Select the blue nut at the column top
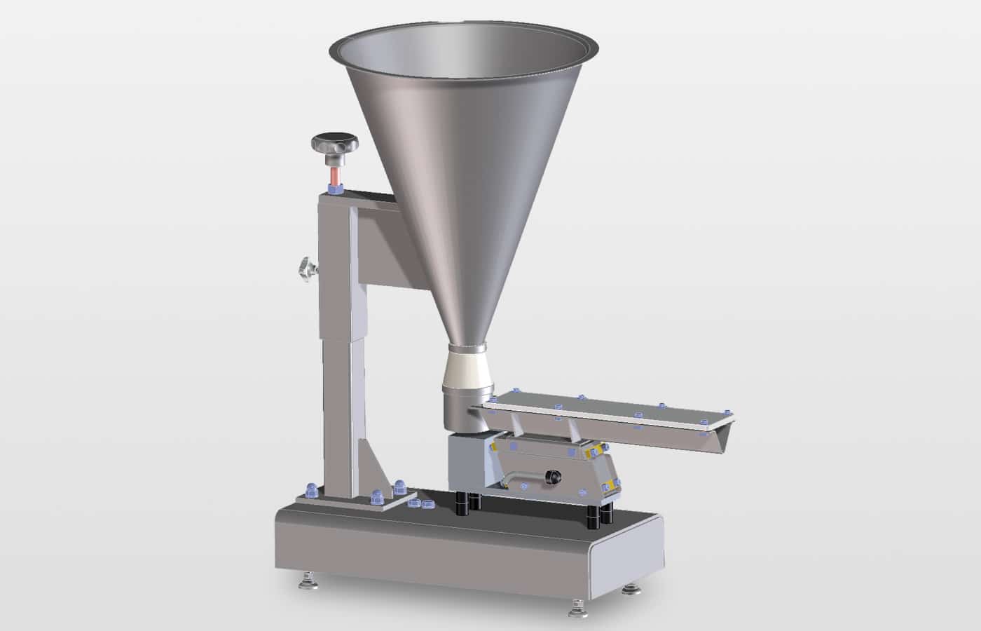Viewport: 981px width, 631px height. click(x=335, y=187)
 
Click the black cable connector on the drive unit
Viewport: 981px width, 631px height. click(x=553, y=477)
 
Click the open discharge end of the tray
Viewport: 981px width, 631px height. click(x=722, y=435)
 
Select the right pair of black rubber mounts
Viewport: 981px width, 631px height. click(x=605, y=513)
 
